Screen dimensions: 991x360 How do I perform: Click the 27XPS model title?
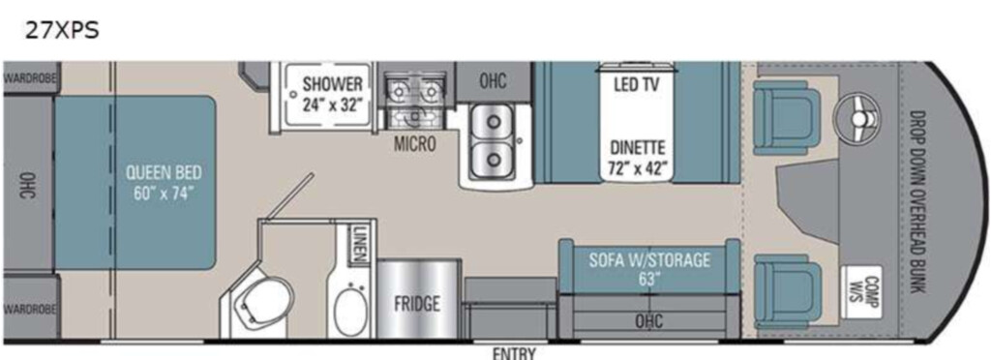62,30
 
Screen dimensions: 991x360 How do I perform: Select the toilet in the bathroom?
261,307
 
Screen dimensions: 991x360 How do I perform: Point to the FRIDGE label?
417,304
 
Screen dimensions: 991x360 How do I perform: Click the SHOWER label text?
333,84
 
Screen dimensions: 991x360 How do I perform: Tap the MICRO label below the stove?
414,144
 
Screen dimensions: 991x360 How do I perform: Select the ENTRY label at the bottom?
514,353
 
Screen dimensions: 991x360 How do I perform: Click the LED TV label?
637,84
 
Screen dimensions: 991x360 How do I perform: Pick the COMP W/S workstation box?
862,292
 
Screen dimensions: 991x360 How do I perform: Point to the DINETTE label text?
637,148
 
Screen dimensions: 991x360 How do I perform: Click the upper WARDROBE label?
29,79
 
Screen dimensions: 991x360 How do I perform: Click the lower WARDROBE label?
29,310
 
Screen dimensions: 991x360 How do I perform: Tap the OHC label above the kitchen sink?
492,81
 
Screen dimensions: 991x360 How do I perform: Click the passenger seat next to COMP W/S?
788,290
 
